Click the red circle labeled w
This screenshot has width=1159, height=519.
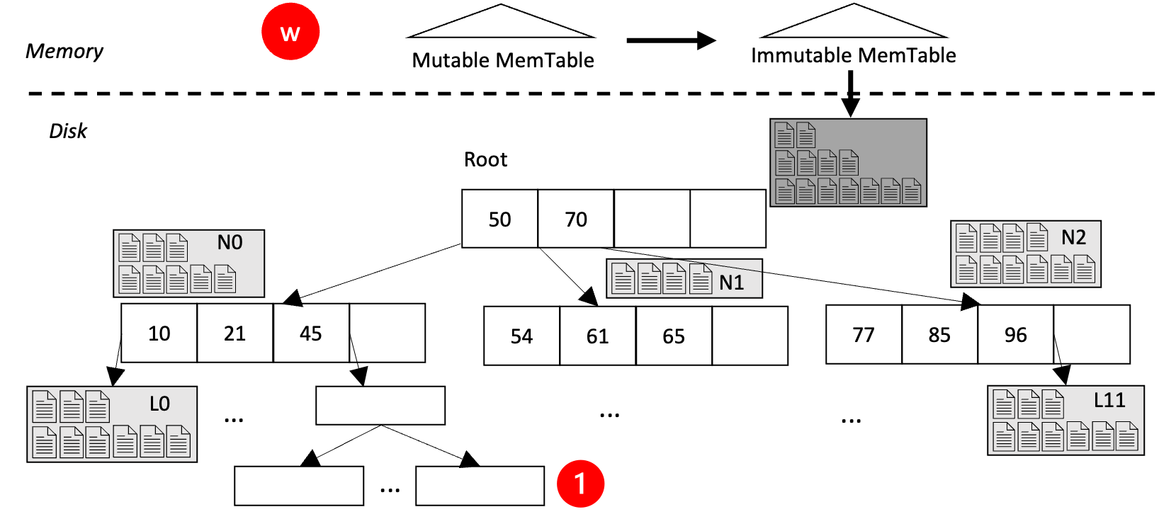coord(290,32)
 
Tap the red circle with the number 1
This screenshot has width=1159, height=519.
coord(580,484)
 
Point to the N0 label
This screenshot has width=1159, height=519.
coord(230,243)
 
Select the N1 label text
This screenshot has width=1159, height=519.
coord(731,283)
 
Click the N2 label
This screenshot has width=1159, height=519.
coord(1073,238)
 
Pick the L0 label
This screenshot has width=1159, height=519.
coord(159,404)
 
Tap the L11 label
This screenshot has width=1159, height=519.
coord(1109,401)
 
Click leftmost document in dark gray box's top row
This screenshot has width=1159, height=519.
coord(784,135)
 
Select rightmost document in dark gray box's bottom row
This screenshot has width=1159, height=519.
coord(911,190)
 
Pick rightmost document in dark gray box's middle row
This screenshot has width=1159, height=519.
coord(849,163)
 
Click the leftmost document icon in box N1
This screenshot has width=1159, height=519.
coord(623,278)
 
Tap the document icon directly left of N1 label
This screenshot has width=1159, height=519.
coord(700,278)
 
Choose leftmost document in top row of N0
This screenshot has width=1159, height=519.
coord(129,248)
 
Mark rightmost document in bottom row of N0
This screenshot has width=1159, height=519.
coord(225,279)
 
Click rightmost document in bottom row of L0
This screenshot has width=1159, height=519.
coord(178,441)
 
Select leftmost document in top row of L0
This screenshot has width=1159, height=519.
coord(44,406)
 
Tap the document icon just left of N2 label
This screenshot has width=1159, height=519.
coord(1037,237)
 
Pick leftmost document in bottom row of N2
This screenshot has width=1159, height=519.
coord(966,270)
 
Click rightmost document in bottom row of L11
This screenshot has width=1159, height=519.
coord(1126,436)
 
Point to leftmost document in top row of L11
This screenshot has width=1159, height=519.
coord(1004,404)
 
